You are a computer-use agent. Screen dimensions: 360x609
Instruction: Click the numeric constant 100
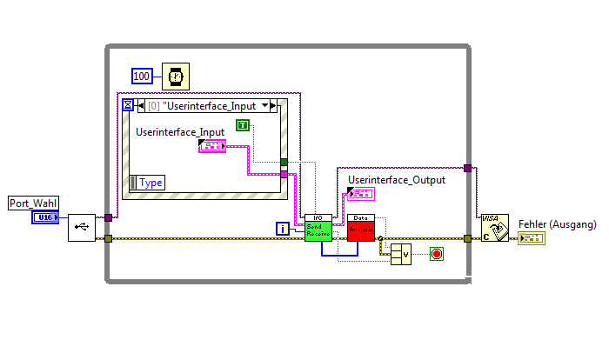[143, 77]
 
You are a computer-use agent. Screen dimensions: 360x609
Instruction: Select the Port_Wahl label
[33, 203]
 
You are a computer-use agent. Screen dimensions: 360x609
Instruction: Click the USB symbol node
[82, 227]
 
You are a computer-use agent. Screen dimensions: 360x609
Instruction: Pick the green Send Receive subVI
[318, 228]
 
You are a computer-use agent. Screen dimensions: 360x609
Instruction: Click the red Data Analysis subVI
[360, 228]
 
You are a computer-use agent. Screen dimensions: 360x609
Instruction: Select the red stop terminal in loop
[436, 254]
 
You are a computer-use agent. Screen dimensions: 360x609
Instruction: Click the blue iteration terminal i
[283, 229]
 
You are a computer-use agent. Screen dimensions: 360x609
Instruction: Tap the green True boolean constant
[244, 125]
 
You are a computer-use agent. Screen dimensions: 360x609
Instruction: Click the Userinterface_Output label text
[396, 180]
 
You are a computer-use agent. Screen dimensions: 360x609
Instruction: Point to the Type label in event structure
[151, 183]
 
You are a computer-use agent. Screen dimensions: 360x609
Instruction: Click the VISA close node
[493, 228]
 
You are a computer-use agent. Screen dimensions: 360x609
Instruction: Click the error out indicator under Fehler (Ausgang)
[531, 237]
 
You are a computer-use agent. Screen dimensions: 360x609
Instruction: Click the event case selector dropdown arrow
[265, 106]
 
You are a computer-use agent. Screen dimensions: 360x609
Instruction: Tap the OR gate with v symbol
[401, 254]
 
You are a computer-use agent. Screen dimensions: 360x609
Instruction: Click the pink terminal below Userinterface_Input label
[211, 146]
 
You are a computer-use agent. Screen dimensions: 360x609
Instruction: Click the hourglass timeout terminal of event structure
[129, 105]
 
